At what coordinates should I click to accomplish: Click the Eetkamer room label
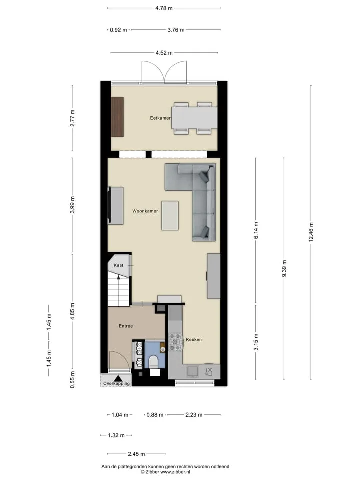pos(160,118)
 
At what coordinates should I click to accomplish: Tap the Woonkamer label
pos(145,211)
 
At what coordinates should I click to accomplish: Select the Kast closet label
pos(118,265)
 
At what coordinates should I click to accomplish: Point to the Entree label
pos(126,326)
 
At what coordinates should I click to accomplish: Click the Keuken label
pos(194,340)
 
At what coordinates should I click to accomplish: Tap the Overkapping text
pos(116,383)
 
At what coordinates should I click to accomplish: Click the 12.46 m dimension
pos(311,232)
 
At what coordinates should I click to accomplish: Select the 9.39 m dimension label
pos(284,269)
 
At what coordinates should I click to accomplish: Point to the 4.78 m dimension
pos(164,8)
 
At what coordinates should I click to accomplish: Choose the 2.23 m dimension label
pos(194,415)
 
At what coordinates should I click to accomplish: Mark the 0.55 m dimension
pos(72,380)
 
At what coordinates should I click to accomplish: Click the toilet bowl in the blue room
pos(153,361)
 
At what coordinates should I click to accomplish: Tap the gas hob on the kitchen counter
pos(175,342)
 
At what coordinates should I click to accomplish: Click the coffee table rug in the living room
pos(170,215)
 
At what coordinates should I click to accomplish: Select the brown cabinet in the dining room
pos(117,117)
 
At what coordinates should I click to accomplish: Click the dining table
pos(194,118)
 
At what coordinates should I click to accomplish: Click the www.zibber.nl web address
pos(175,472)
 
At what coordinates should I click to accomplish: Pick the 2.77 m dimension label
pos(72,118)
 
